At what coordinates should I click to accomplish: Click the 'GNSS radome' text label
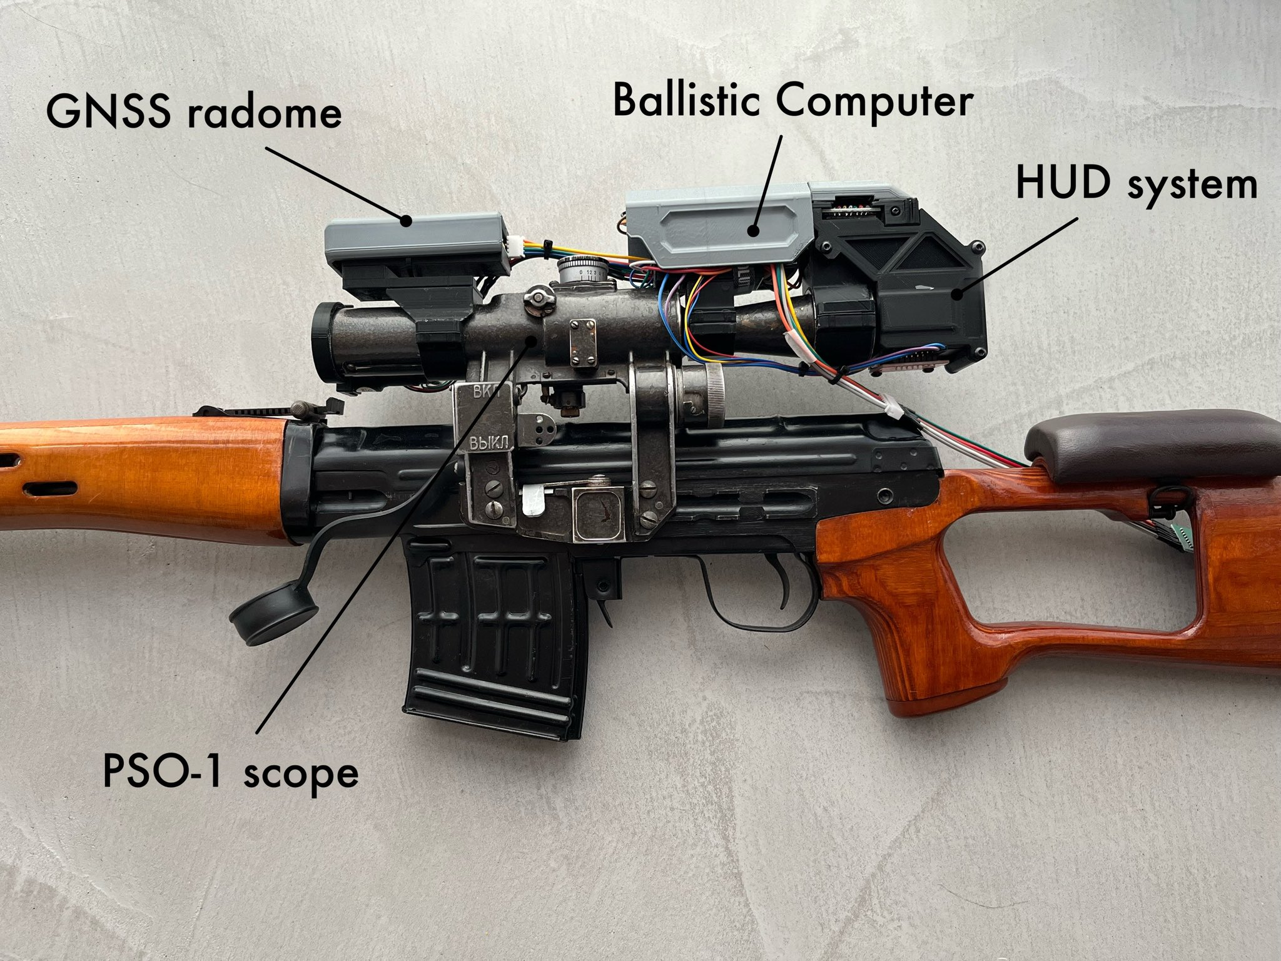point(194,114)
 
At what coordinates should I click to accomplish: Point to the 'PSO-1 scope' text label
point(230,775)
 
